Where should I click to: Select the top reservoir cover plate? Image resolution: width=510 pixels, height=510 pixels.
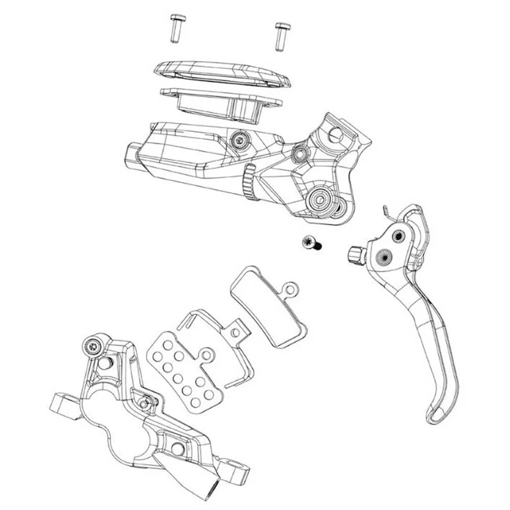(223, 73)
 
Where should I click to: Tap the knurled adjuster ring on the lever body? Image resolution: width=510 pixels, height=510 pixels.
(250, 182)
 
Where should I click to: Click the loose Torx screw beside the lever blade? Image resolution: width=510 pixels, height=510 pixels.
(311, 242)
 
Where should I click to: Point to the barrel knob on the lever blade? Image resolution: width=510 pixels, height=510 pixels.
(355, 256)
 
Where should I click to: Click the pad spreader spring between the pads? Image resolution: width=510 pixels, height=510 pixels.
(210, 338)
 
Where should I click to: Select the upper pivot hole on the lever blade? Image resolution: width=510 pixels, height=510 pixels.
(398, 236)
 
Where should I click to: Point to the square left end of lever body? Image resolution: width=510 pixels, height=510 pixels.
(133, 156)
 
